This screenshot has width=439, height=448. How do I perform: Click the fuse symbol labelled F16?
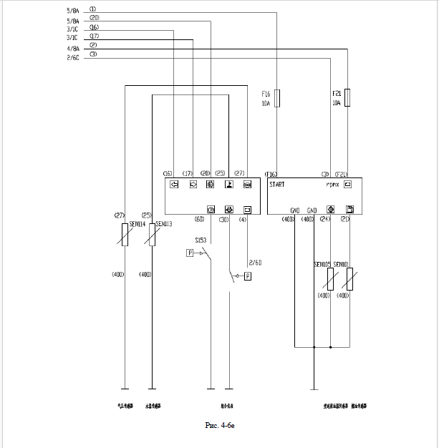(x=277, y=99)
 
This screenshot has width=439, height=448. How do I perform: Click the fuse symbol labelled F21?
(x=347, y=98)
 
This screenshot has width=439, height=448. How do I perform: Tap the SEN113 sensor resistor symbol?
(x=151, y=233)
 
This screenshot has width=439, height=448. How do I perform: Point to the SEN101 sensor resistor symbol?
(x=349, y=278)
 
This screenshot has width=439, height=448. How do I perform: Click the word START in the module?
(x=277, y=184)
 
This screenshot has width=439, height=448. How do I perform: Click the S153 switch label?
(x=202, y=240)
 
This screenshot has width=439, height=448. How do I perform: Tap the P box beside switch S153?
(x=190, y=253)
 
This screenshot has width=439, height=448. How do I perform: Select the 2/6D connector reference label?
(x=255, y=262)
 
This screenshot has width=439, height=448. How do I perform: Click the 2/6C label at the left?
(x=72, y=57)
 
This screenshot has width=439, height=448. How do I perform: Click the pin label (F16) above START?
(x=271, y=174)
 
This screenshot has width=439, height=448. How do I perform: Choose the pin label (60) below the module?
(x=199, y=219)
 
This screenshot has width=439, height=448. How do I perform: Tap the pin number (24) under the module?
(x=324, y=219)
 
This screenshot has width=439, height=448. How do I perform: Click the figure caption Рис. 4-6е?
(x=220, y=425)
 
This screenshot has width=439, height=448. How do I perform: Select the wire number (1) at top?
(x=93, y=9)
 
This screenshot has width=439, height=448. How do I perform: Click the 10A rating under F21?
(x=336, y=104)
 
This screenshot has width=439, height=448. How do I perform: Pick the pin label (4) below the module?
(x=243, y=219)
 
